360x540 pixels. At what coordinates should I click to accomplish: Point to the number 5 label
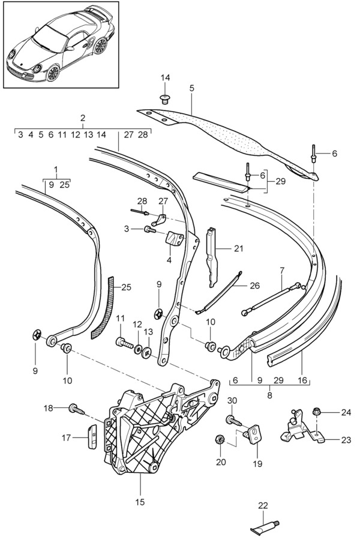point(191,88)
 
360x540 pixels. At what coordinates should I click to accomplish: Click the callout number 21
point(239,247)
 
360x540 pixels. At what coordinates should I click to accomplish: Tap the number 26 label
point(254,285)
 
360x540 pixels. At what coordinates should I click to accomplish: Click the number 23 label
point(346,439)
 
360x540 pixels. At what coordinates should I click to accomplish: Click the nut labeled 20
point(220,440)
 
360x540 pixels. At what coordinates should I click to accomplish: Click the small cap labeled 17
point(94,436)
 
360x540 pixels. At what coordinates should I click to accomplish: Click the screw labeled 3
point(149,229)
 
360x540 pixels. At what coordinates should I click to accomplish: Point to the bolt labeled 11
point(124,343)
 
